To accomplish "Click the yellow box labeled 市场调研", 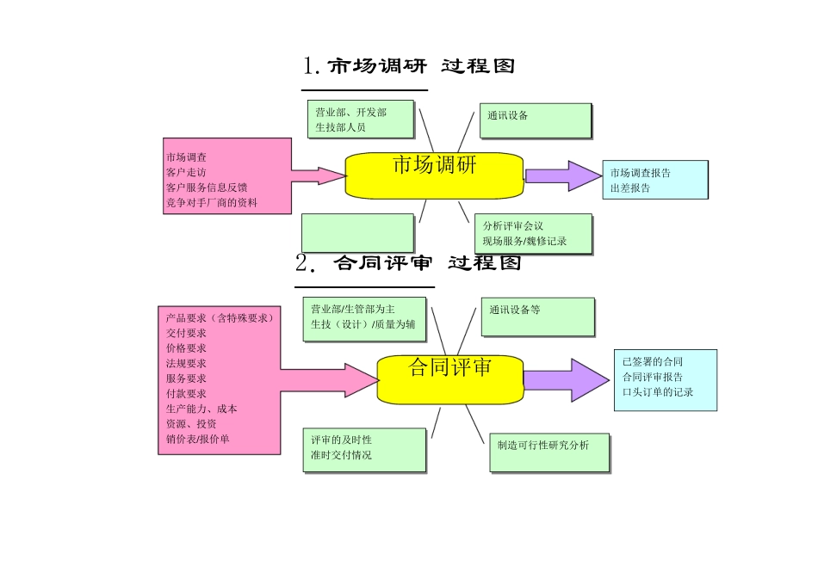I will [x=434, y=175].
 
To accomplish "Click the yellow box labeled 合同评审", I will [x=450, y=378].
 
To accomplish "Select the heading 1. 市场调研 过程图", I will [x=408, y=65].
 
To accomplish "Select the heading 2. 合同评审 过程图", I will [x=408, y=262].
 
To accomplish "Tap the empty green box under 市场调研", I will [x=357, y=233].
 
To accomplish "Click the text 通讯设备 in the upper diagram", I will [x=507, y=115].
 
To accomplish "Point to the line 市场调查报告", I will [x=640, y=173].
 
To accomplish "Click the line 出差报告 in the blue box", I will [x=630, y=188].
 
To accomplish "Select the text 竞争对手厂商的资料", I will [x=211, y=203].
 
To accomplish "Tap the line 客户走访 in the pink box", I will [x=186, y=172].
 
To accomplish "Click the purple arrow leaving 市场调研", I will [x=563, y=175].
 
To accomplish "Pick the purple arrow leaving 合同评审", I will [x=566, y=378].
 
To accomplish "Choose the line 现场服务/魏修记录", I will [x=524, y=242].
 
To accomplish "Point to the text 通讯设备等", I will [x=515, y=310].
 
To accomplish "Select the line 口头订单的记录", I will [x=657, y=392].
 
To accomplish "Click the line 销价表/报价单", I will [x=198, y=439].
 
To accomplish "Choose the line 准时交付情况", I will [x=341, y=455].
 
